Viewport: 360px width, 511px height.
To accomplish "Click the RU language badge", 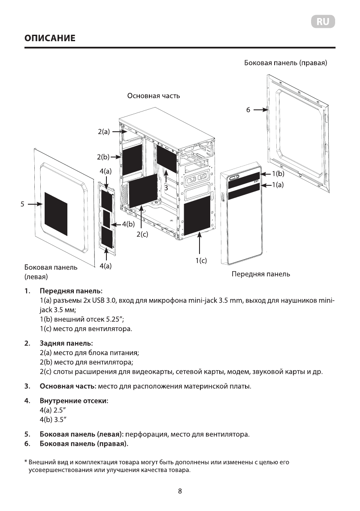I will click(323, 22).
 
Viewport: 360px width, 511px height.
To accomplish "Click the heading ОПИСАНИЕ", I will click(50, 38).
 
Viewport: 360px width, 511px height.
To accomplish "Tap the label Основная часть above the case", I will click(154, 96).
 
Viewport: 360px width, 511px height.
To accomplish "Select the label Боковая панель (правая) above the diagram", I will click(286, 63).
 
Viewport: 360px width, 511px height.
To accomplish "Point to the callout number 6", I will click(248, 110).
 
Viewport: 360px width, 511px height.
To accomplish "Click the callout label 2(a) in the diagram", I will click(104, 132).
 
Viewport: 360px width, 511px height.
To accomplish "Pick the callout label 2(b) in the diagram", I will click(103, 157).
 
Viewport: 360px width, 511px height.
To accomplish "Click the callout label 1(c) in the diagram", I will click(201, 260).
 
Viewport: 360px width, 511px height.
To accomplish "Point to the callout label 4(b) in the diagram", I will click(128, 224).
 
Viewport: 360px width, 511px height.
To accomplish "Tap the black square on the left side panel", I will click(56, 214).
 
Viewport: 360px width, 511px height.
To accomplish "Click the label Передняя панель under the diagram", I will click(260, 274).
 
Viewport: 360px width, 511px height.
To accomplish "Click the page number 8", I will click(180, 491).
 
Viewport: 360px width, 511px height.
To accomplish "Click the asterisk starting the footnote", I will click(26, 463).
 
